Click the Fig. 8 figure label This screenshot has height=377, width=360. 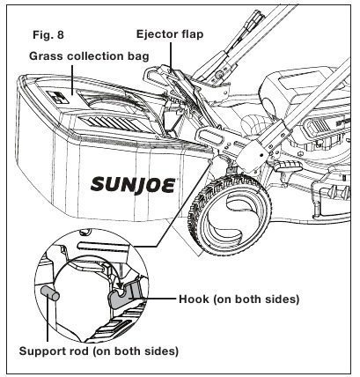coord(48,35)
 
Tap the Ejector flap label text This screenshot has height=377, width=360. coord(170,34)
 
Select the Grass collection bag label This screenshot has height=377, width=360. coord(89,56)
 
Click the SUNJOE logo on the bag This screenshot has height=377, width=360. coord(133,185)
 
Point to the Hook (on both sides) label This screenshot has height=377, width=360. coord(239,299)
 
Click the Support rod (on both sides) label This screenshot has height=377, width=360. coord(99,351)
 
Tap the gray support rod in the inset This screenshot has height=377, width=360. coord(49,293)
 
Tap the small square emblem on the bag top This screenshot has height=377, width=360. coord(57,97)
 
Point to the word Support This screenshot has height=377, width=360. coord(40,351)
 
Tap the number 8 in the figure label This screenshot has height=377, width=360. coord(60,35)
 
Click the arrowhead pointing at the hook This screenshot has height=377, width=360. coord(119,285)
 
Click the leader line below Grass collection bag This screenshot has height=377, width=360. coord(72,79)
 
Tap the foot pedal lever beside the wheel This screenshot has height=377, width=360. coord(289,167)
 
